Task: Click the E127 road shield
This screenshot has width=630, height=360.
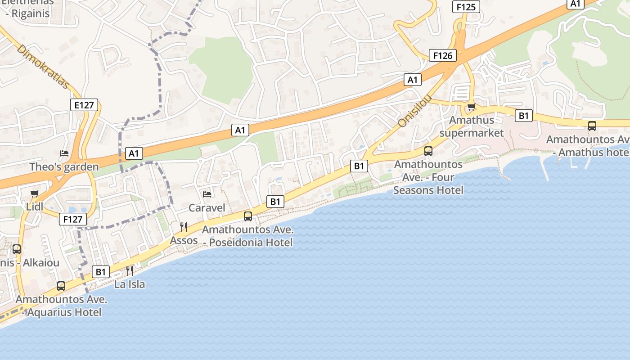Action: click(x=84, y=105)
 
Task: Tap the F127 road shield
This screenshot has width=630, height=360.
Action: click(x=72, y=219)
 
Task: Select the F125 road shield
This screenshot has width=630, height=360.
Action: click(x=466, y=7)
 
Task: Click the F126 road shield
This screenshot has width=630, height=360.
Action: click(x=443, y=55)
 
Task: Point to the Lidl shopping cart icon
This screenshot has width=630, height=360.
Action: click(x=35, y=194)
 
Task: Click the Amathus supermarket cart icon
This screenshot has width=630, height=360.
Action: click(x=471, y=107)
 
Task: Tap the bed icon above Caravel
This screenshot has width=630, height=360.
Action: click(x=207, y=194)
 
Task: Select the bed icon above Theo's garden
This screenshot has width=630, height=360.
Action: click(x=64, y=153)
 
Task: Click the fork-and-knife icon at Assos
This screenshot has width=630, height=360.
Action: click(x=184, y=227)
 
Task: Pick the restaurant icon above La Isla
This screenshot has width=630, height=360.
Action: click(x=130, y=270)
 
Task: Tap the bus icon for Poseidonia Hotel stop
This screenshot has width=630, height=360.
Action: click(x=248, y=216)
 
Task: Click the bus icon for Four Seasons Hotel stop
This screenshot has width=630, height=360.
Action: click(x=428, y=151)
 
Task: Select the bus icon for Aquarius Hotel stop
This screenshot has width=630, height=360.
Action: click(x=61, y=286)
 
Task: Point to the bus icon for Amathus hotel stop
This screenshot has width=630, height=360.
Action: click(x=592, y=126)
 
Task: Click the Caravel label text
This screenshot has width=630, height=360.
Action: click(x=207, y=207)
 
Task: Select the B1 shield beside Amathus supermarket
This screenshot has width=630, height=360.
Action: click(x=524, y=116)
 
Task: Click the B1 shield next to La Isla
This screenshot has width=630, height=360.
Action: click(x=101, y=272)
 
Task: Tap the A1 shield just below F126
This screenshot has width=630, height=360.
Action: click(x=412, y=80)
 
